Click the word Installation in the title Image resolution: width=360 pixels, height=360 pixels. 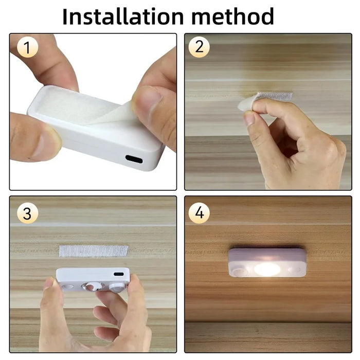coord(123,16)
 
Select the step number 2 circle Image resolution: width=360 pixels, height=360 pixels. coord(199,48)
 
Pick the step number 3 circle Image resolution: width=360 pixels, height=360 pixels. coord(27,213)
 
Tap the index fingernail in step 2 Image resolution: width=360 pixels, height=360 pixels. coord(249,119)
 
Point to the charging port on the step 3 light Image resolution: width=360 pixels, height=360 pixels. coord(119,274)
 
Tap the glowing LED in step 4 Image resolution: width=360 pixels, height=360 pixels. coord(267,268)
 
